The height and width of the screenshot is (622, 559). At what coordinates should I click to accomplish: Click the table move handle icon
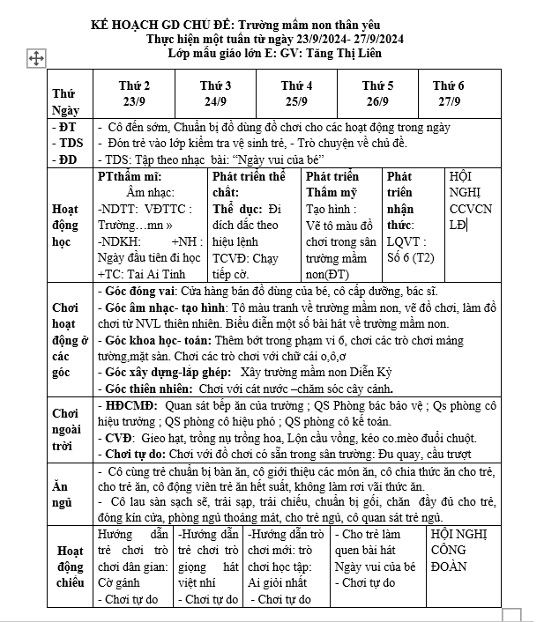click(x=37, y=58)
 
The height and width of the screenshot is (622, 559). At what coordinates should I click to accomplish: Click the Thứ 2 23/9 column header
click(x=134, y=93)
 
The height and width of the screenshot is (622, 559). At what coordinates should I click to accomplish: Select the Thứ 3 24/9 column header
click(x=215, y=93)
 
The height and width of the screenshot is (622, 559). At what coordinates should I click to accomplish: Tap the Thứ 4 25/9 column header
click(x=296, y=93)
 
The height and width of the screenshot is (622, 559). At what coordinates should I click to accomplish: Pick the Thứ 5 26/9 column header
click(x=377, y=93)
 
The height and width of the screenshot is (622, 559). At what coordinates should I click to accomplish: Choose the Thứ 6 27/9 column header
click(x=448, y=93)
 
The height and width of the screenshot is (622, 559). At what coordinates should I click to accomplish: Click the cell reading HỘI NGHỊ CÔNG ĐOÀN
click(x=457, y=551)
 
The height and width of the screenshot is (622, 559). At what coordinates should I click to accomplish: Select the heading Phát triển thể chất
click(x=250, y=184)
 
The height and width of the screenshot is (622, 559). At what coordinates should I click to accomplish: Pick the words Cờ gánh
click(x=118, y=582)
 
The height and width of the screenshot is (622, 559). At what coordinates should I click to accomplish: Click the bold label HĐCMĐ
click(x=129, y=405)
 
